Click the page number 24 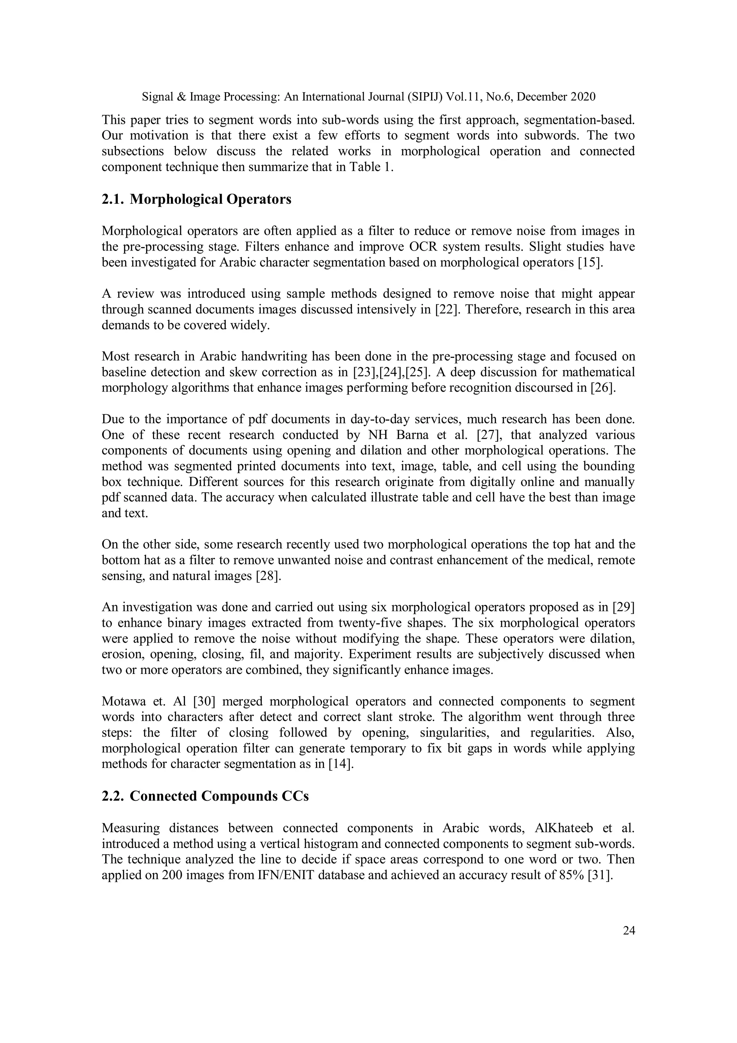click(x=628, y=931)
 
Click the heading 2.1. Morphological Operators click(x=196, y=199)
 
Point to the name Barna click(x=411, y=435)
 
